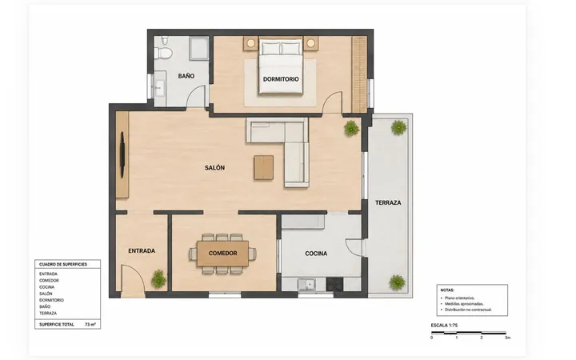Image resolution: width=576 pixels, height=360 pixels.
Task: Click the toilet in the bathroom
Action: point(163,50)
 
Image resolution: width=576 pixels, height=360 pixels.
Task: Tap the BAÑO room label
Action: point(186,76)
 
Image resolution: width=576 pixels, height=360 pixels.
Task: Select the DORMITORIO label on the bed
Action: point(281,79)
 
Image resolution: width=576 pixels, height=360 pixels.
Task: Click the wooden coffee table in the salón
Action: point(263,167)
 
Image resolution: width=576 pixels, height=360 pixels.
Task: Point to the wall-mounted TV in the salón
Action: point(122,155)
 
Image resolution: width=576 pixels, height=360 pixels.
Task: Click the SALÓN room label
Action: point(215,167)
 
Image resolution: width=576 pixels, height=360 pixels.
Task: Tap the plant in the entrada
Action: point(158,279)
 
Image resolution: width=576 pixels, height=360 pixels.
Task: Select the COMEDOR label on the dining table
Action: point(222,253)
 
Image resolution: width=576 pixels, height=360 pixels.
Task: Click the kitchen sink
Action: point(306,285)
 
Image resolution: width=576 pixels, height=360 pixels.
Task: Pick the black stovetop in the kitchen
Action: point(334,284)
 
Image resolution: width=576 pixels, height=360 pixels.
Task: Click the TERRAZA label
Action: point(388,202)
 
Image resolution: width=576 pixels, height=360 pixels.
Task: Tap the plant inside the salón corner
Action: point(351,128)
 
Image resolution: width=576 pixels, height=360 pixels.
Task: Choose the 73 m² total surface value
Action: point(90,325)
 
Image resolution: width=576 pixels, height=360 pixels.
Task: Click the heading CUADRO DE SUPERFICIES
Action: point(63,264)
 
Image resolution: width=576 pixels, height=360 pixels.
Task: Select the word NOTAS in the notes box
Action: point(447,290)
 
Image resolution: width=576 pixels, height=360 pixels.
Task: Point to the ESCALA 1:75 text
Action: point(444,326)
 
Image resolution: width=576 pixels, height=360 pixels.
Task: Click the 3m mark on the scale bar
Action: point(507,338)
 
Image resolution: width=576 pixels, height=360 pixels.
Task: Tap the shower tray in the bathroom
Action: point(199,48)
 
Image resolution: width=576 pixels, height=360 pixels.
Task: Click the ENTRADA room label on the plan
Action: point(142,251)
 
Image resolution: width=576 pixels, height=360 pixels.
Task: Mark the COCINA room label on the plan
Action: point(316,254)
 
